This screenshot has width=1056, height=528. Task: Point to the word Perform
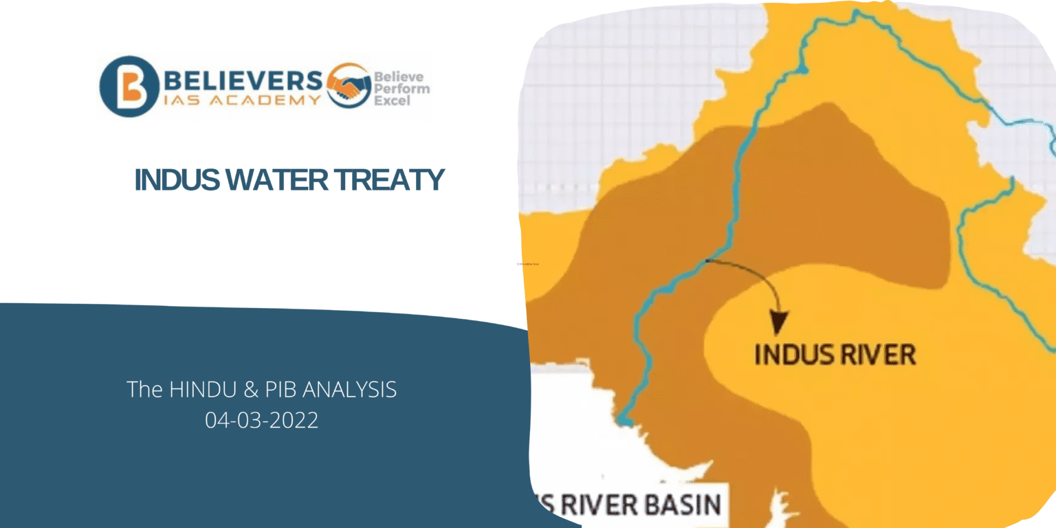[401, 89]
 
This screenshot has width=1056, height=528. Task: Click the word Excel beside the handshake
[392, 100]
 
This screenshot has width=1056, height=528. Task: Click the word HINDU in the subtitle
[195, 390]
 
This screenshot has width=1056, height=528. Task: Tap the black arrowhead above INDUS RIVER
[779, 321]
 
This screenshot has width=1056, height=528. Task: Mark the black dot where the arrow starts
[708, 261]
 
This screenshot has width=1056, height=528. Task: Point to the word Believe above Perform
[398, 77]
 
